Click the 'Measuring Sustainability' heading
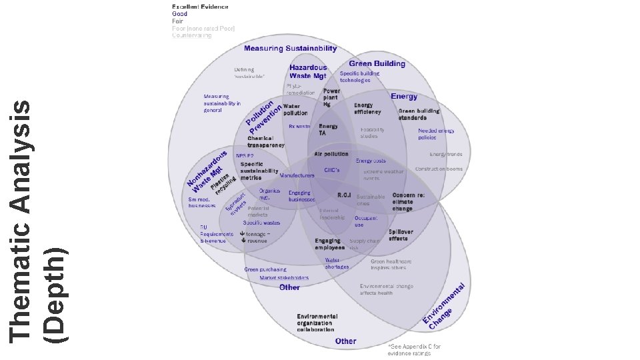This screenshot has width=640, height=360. (290, 49)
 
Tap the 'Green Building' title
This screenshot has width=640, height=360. (377, 64)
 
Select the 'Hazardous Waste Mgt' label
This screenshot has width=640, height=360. (308, 72)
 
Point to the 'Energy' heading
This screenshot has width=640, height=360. (404, 97)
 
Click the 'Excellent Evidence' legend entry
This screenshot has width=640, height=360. (200, 7)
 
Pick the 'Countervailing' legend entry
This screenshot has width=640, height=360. (191, 35)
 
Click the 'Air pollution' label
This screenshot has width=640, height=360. (331, 154)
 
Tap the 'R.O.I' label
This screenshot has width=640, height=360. (345, 195)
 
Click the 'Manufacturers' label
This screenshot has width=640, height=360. (297, 175)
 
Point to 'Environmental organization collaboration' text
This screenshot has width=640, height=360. (317, 323)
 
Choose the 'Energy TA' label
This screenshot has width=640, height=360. (328, 129)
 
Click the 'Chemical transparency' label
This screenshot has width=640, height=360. (266, 141)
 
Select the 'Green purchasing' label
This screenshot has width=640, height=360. (261, 269)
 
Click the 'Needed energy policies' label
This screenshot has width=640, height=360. (436, 134)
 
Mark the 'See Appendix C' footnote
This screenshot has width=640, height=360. (414, 349)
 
